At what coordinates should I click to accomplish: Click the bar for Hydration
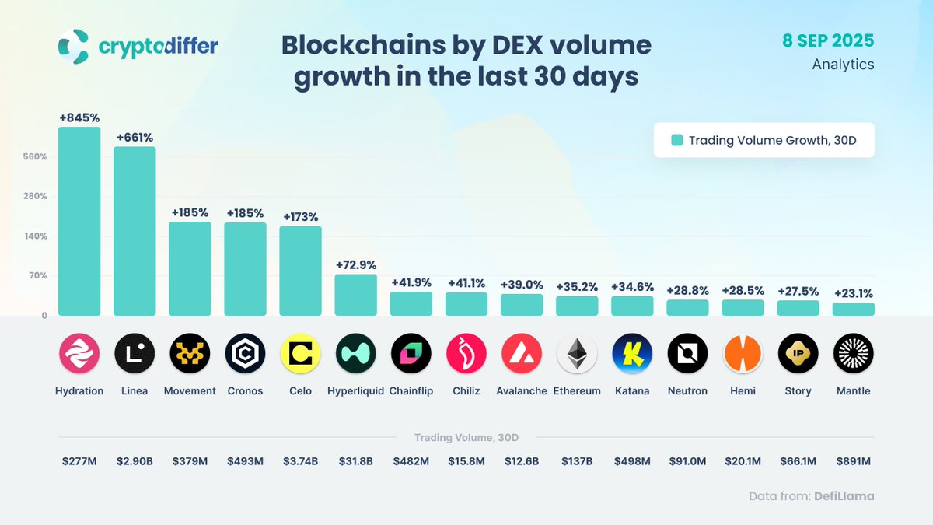(x=79, y=222)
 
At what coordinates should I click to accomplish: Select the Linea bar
(x=135, y=231)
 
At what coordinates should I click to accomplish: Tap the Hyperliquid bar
(x=355, y=295)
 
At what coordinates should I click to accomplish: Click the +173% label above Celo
(x=300, y=217)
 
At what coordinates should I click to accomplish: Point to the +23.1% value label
(x=853, y=294)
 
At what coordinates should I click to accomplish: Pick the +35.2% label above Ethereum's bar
(x=576, y=287)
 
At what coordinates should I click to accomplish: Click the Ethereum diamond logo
(x=577, y=354)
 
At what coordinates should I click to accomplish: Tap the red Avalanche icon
(x=522, y=354)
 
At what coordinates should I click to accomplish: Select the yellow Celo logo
(x=300, y=354)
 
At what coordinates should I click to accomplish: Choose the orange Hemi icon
(x=743, y=354)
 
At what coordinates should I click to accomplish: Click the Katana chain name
(x=631, y=391)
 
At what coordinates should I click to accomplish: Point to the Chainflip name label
(x=411, y=391)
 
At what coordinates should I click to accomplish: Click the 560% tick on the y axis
(x=36, y=157)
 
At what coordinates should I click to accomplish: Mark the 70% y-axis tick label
(x=39, y=276)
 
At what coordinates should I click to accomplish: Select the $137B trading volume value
(x=576, y=461)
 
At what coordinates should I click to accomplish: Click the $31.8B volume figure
(x=355, y=461)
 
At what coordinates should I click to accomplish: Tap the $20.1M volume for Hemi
(x=743, y=461)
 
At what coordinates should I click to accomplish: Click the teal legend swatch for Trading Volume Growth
(x=677, y=141)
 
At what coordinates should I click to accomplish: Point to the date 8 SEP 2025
(x=829, y=40)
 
